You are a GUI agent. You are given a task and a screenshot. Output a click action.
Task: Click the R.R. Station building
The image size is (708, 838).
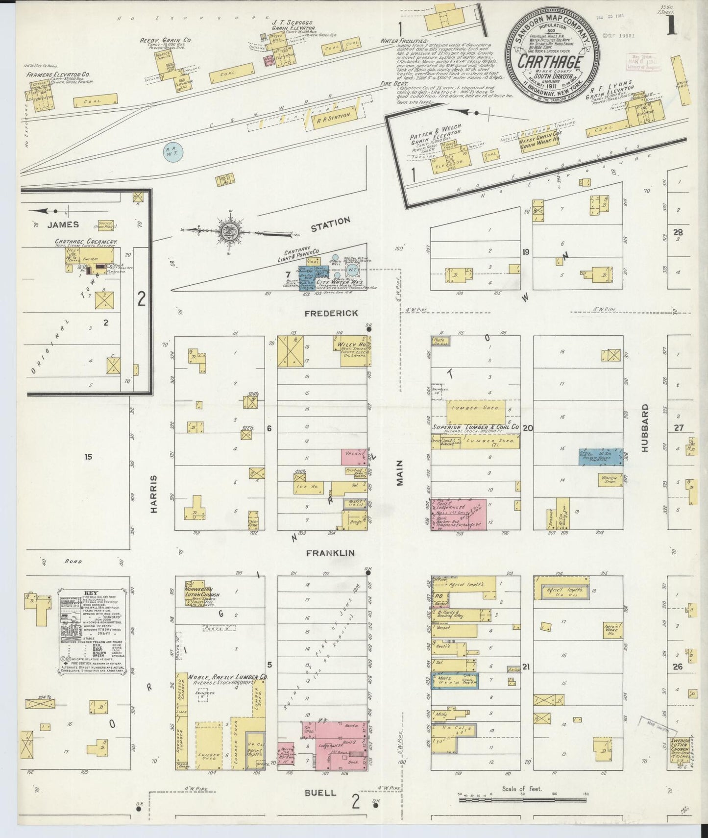[x=333, y=118]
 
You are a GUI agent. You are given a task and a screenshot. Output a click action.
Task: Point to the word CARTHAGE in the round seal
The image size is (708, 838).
[x=550, y=62]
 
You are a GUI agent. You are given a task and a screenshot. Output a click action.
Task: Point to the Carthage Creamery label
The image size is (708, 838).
[x=86, y=242]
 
